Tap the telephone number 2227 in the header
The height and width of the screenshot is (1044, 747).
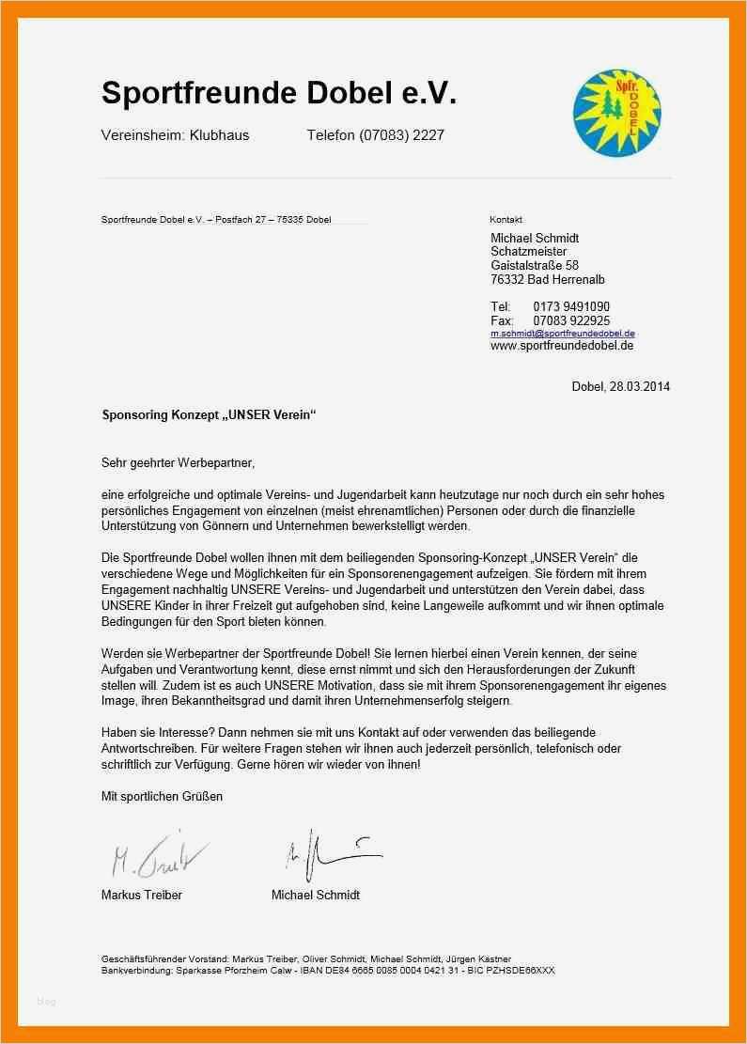(x=428, y=135)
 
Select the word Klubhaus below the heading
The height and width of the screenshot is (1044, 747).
(x=219, y=135)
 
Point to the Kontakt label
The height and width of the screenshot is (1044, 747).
(x=506, y=219)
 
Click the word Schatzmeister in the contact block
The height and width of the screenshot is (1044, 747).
(x=528, y=252)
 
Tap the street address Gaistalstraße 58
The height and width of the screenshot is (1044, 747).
(x=535, y=266)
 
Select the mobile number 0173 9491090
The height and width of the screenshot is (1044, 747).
(x=571, y=306)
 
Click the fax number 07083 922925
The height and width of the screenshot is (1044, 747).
(x=571, y=320)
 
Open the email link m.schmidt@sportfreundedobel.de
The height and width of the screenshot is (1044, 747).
(x=563, y=334)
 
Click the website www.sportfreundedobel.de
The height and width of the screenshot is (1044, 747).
(x=562, y=346)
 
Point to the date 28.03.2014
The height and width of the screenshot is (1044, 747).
(x=639, y=386)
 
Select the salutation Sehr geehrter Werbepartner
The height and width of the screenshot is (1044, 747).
(x=178, y=462)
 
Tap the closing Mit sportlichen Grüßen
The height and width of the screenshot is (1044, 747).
(x=162, y=796)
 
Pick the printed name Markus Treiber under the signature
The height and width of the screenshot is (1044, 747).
(x=141, y=895)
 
